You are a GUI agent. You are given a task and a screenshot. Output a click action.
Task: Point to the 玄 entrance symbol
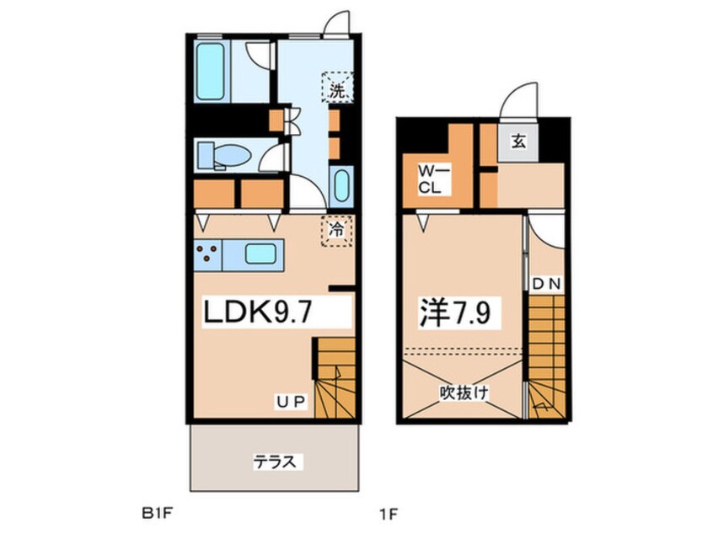point(519,142)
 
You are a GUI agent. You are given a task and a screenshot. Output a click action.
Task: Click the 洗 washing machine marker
point(337,91)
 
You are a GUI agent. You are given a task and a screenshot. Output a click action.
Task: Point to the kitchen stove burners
point(207,252)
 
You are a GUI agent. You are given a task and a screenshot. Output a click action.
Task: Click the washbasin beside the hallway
point(341,186)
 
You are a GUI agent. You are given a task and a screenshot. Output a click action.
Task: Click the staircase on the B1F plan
point(335,375)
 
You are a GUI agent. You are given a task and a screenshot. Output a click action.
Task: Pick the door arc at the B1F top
point(335,24)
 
